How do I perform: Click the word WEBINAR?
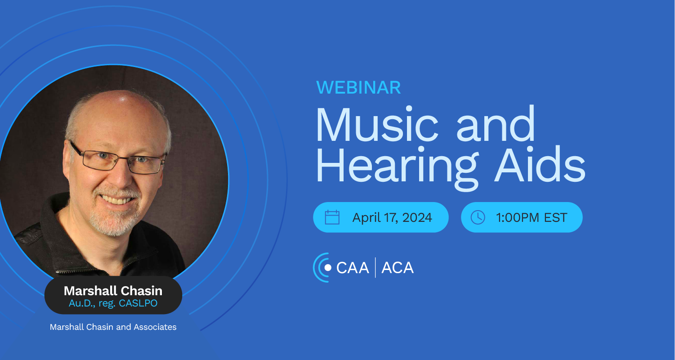click(358, 87)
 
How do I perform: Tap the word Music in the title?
click(377, 124)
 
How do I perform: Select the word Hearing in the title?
click(398, 168)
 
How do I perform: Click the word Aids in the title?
click(540, 164)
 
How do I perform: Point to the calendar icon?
click(332, 217)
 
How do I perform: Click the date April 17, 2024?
click(392, 217)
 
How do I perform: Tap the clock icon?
click(478, 217)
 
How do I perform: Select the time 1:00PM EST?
click(532, 217)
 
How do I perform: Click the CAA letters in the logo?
click(353, 268)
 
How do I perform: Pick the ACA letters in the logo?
click(398, 268)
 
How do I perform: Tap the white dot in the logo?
click(328, 268)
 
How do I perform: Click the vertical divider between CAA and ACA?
click(375, 267)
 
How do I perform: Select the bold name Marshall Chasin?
click(113, 291)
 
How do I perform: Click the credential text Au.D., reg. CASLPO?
click(113, 303)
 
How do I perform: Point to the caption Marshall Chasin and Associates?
click(113, 327)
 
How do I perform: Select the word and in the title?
click(496, 124)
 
